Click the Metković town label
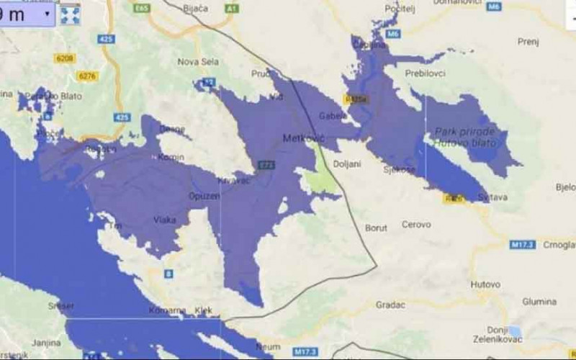(x=305, y=138)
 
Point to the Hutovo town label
(x=485, y=284)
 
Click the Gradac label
(x=391, y=305)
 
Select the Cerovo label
(x=416, y=225)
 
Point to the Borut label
(x=376, y=228)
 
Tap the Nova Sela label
(x=198, y=61)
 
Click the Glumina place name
(x=540, y=301)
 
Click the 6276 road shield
(x=88, y=76)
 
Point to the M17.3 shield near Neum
(x=305, y=351)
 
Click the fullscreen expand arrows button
(x=70, y=14)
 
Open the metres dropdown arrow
(x=47, y=14)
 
